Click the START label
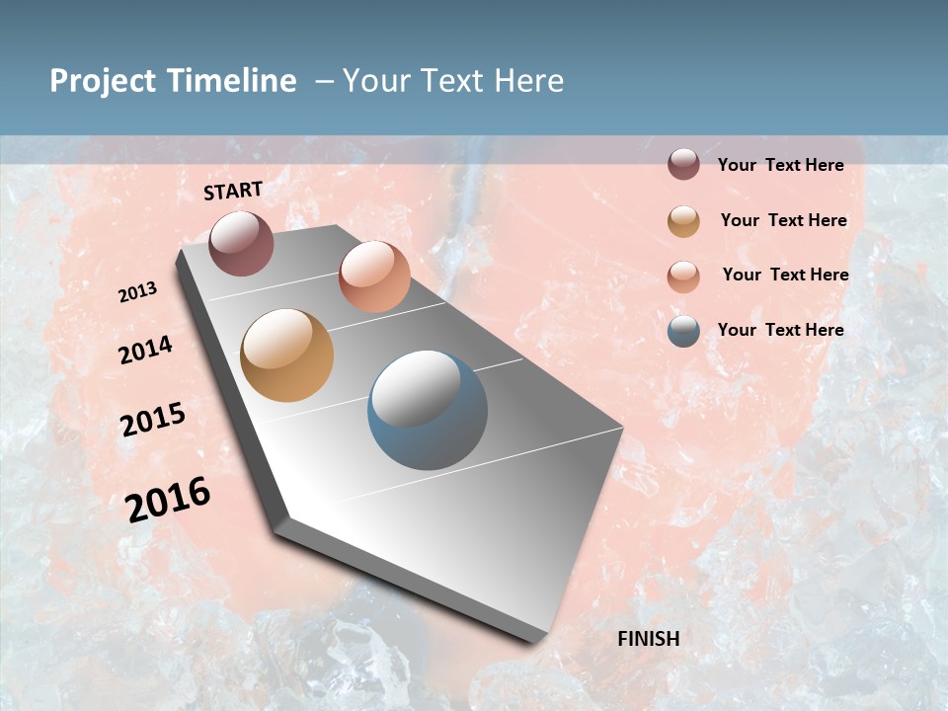[x=233, y=191]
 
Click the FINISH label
[x=649, y=639]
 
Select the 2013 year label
[x=138, y=292]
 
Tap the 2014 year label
[x=146, y=350]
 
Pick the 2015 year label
[x=153, y=420]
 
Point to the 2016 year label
[x=168, y=499]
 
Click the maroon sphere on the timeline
[x=241, y=243]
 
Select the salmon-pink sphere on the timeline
[x=374, y=276]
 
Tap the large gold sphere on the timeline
[x=286, y=355]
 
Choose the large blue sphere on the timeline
[x=428, y=410]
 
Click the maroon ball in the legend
[x=683, y=164]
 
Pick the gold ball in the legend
[x=683, y=221]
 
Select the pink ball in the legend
[x=683, y=276]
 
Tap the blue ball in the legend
[x=683, y=331]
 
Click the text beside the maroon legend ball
[x=780, y=165]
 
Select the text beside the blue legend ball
[x=780, y=330]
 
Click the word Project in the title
[x=104, y=81]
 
